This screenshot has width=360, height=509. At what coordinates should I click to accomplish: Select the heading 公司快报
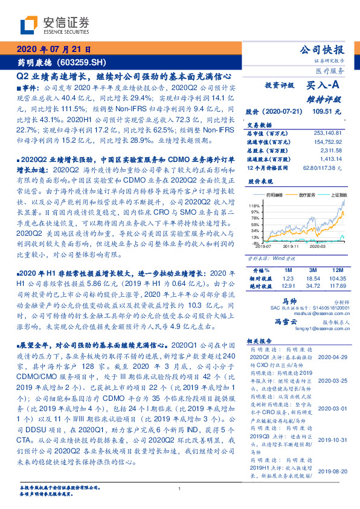[326, 50]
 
